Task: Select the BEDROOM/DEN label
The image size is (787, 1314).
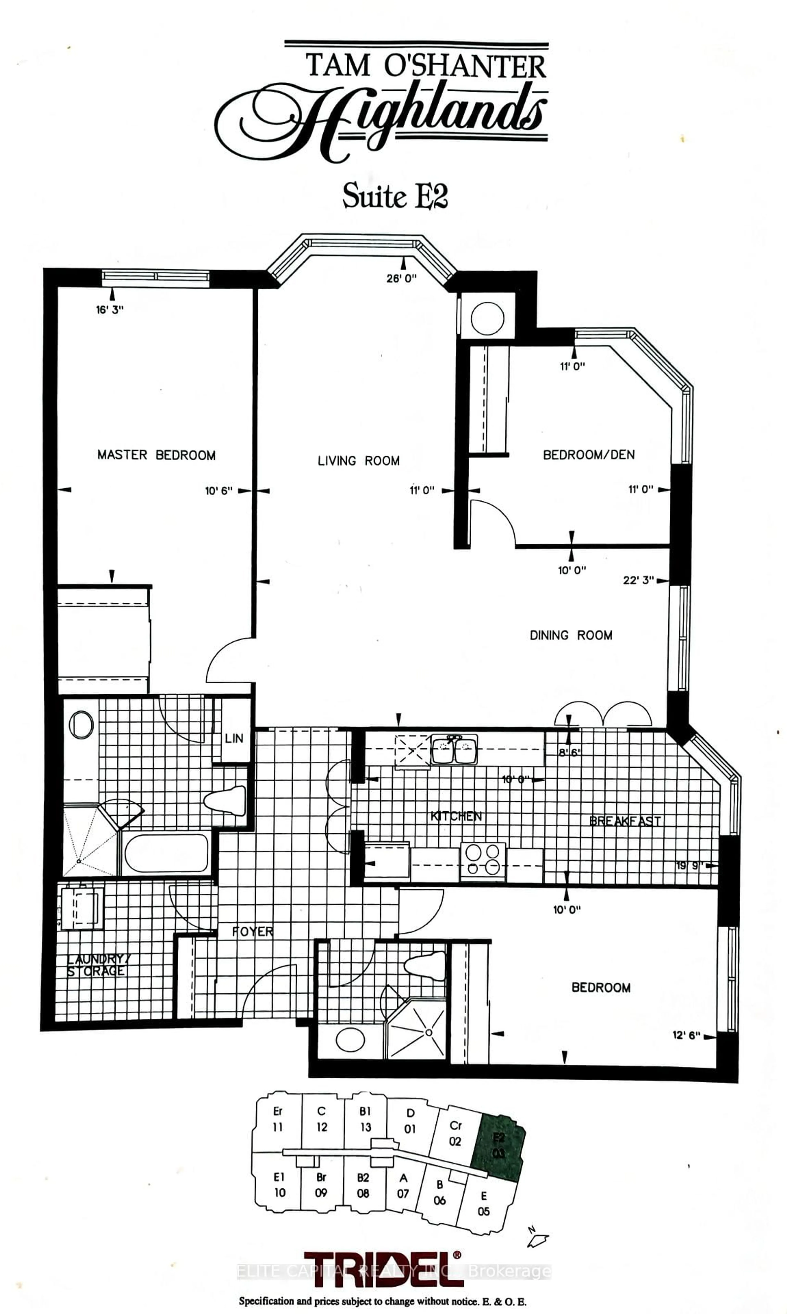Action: pos(589,454)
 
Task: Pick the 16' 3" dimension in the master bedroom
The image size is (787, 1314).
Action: pos(110,310)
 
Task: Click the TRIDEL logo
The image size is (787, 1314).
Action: pos(383,1269)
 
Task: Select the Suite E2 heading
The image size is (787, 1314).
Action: pos(395,196)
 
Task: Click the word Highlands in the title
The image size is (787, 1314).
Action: pos(382,119)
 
